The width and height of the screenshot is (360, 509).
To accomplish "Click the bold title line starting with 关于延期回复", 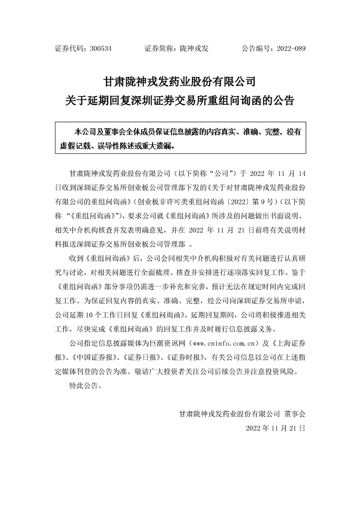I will point(180,100).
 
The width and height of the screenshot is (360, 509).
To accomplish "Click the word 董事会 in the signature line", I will point(295,414).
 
